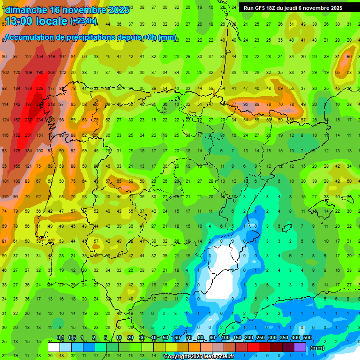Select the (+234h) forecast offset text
[83, 21]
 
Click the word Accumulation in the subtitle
[33, 37]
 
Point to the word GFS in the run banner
[261, 8]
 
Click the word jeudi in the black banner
[289, 8]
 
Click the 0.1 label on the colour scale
[60, 338]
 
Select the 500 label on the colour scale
[307, 338]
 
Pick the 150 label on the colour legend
[237, 338]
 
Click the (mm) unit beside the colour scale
[317, 348]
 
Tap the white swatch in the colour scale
[54, 347]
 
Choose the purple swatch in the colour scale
[300, 347]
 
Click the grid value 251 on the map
[28, 135]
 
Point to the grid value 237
[28, 120]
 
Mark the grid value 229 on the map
[40, 88]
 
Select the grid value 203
[51, 72]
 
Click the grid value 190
[40, 72]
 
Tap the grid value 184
[28, 150]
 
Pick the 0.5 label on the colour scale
[73, 338]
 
